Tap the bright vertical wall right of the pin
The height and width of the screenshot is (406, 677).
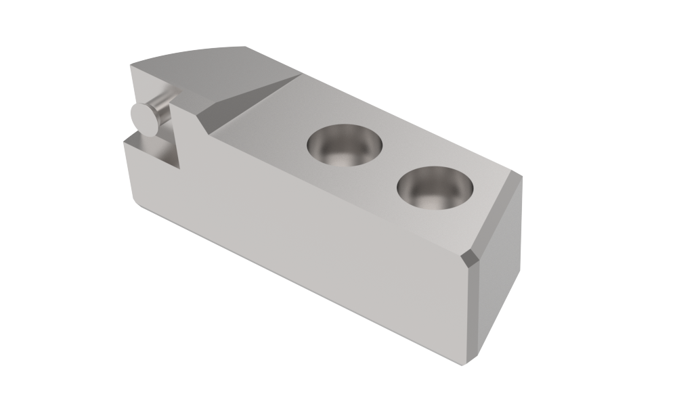(178, 135)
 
